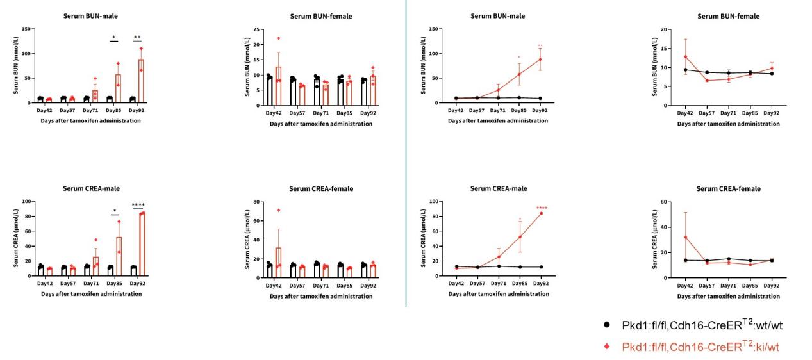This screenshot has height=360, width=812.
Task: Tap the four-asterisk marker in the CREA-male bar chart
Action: pos(138,205)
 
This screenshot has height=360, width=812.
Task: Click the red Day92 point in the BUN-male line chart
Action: pos(540,59)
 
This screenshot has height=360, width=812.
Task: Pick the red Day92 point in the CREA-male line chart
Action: pos(541,213)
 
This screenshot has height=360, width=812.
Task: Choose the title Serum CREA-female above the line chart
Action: pos(729,189)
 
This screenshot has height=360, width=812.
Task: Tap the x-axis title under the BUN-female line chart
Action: pos(729,124)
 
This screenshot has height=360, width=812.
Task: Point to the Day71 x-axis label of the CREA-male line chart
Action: pos(498,284)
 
